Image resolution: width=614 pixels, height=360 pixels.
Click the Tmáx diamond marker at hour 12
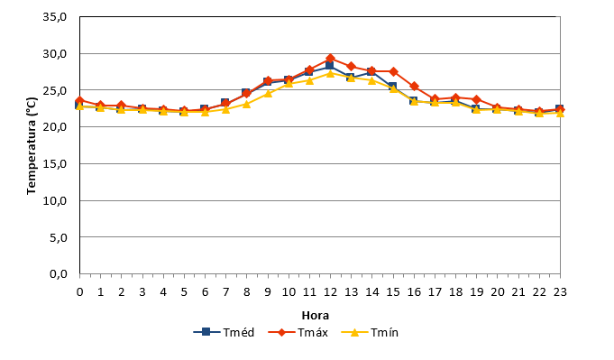click(x=331, y=59)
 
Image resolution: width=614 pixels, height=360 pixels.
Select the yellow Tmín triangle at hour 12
click(x=331, y=73)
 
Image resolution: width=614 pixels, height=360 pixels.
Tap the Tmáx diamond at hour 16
click(x=415, y=87)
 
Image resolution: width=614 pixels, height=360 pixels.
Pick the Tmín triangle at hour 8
click(x=247, y=104)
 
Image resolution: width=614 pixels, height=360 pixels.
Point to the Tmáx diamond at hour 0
click(x=80, y=101)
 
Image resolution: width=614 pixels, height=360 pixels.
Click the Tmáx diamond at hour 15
click(x=393, y=71)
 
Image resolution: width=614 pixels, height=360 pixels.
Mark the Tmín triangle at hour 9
click(x=268, y=93)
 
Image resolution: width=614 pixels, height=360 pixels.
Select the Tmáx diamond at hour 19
click(x=477, y=99)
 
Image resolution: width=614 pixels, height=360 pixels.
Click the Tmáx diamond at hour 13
click(x=352, y=66)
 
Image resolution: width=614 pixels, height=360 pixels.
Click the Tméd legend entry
click(x=224, y=333)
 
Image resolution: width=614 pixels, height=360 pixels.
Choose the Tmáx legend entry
click(x=298, y=333)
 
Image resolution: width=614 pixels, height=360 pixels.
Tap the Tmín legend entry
click(x=370, y=333)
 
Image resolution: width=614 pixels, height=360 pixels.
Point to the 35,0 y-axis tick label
click(x=55, y=17)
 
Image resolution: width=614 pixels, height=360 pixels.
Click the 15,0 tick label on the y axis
click(x=55, y=164)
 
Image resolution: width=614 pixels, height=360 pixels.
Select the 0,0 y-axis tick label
click(x=59, y=274)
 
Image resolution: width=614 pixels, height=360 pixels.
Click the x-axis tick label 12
click(x=331, y=292)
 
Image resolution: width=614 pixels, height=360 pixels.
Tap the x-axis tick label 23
click(x=560, y=292)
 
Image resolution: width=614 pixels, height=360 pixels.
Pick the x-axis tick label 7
click(x=226, y=292)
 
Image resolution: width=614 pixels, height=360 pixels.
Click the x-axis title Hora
click(x=316, y=316)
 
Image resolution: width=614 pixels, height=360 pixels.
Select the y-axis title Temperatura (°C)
click(x=32, y=146)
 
